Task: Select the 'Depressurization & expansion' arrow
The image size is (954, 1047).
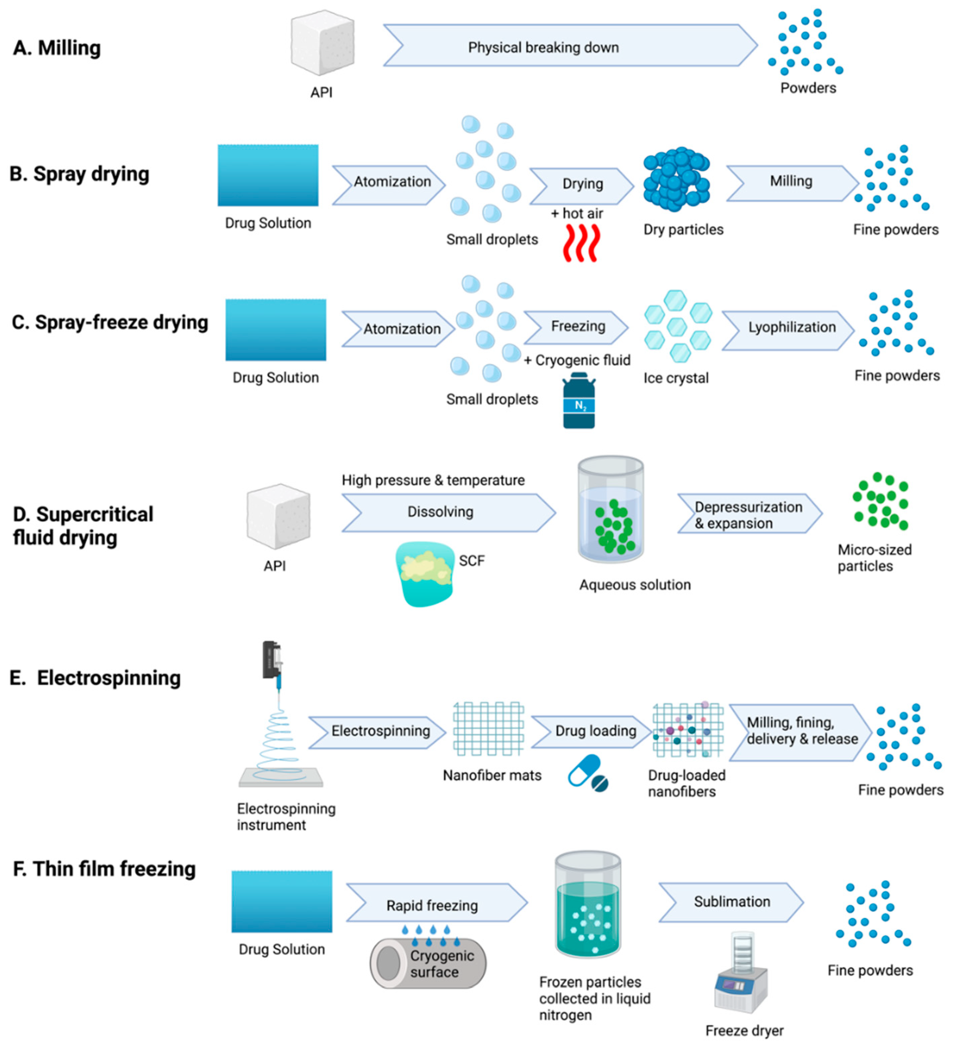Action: click(x=748, y=514)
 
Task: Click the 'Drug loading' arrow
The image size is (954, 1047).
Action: click(x=591, y=731)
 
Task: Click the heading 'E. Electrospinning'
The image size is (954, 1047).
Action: click(x=95, y=678)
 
